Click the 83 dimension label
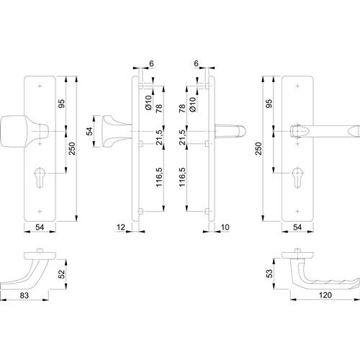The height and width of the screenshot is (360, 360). point(24,295)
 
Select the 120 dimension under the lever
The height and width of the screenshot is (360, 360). point(325,295)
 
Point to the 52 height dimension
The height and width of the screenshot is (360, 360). point(62,274)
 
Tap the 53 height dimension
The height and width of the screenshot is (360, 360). point(270,274)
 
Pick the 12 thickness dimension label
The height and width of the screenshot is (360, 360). point(121,227)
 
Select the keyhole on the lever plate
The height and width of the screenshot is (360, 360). point(297,178)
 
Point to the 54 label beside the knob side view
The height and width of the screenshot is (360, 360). point(89,131)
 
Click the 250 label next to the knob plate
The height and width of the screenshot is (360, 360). point(72,148)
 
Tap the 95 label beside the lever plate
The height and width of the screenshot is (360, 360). point(270,104)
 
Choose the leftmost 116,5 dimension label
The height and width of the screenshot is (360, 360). point(159,177)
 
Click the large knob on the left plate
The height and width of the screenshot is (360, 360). point(24,131)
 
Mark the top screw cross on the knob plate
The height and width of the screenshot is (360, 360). point(40,86)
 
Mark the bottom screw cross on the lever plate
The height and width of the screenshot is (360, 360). point(297,212)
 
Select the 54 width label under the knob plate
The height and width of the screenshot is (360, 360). point(40,227)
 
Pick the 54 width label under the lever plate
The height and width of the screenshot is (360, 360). point(297,227)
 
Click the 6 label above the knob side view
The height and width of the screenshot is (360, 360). point(151,63)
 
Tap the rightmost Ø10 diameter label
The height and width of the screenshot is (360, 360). point(193,104)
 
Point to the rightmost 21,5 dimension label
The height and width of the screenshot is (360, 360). point(183,138)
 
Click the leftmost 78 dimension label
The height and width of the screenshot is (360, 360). point(159,109)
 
